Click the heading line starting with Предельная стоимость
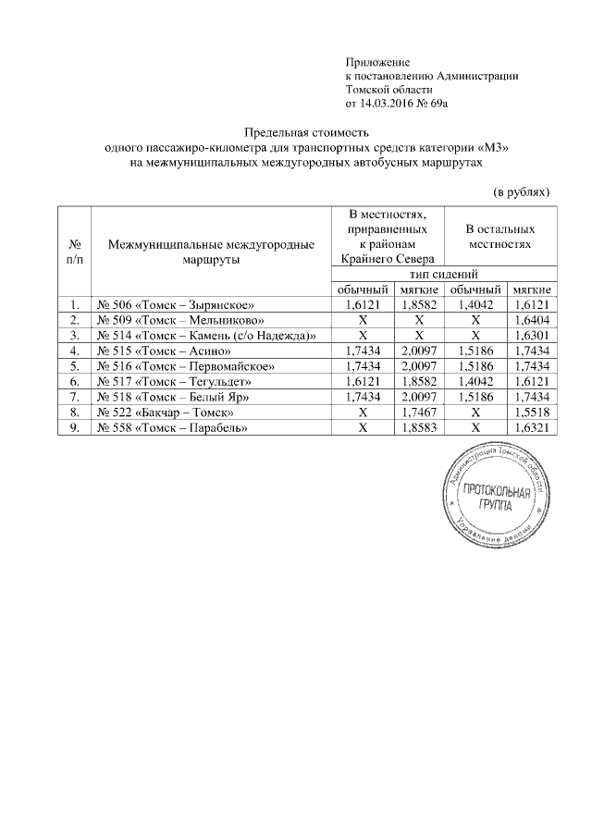[306, 133]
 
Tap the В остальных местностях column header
[499, 235]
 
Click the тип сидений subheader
[443, 275]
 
